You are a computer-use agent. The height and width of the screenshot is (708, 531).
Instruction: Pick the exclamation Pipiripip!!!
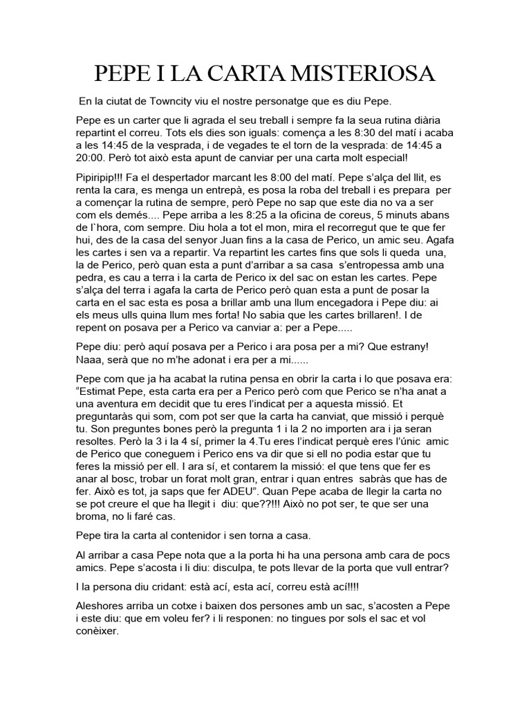104,176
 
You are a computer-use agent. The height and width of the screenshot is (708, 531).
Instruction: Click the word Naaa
89,360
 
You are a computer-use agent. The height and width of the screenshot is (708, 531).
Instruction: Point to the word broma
96,516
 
